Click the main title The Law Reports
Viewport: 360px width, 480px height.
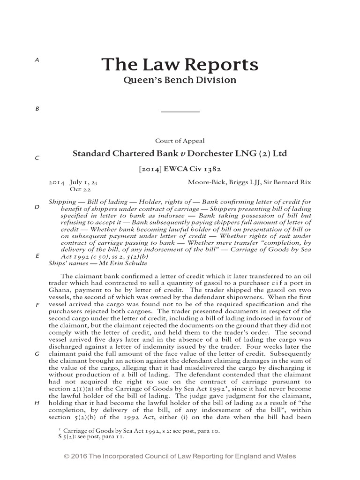180,64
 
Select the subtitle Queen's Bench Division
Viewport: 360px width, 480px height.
180,80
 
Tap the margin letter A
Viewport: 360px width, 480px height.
37,60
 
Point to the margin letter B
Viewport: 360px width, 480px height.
37,109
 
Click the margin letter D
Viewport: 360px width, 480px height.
37,207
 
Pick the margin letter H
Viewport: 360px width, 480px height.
37,403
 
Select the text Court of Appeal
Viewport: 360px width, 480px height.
180,141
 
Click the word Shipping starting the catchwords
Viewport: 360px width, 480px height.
62,202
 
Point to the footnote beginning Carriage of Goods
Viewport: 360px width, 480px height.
141,430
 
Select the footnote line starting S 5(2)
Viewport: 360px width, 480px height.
89,436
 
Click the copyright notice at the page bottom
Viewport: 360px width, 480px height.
180,456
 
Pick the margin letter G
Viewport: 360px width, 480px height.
37,354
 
